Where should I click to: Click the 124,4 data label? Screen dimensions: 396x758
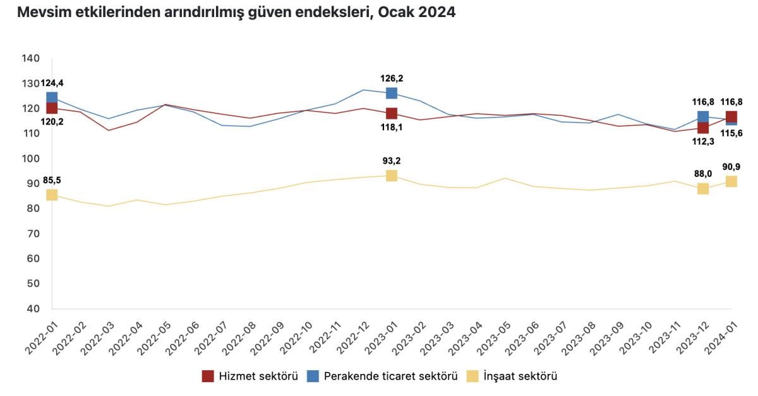pyautogui.click(x=52, y=83)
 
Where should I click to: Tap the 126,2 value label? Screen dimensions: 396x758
pyautogui.click(x=392, y=78)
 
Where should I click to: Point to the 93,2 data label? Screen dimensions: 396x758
pyautogui.click(x=392, y=160)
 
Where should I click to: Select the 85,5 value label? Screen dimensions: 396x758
pyautogui.click(x=52, y=182)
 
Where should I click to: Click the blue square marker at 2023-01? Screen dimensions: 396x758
pyautogui.click(x=392, y=93)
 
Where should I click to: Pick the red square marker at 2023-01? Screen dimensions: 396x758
pyautogui.click(x=392, y=114)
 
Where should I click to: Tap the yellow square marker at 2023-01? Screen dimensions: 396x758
pyautogui.click(x=392, y=176)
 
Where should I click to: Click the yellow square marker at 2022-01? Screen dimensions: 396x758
pyautogui.click(x=52, y=195)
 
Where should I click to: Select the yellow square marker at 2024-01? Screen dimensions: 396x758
pyautogui.click(x=731, y=181)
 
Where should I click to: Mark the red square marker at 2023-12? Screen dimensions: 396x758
pyautogui.click(x=703, y=128)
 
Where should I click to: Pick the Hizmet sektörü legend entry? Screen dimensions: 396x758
pyautogui.click(x=250, y=376)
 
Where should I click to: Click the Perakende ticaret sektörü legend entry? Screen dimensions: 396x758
pyautogui.click(x=382, y=376)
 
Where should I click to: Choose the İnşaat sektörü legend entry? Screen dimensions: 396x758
pyautogui.click(x=512, y=376)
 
